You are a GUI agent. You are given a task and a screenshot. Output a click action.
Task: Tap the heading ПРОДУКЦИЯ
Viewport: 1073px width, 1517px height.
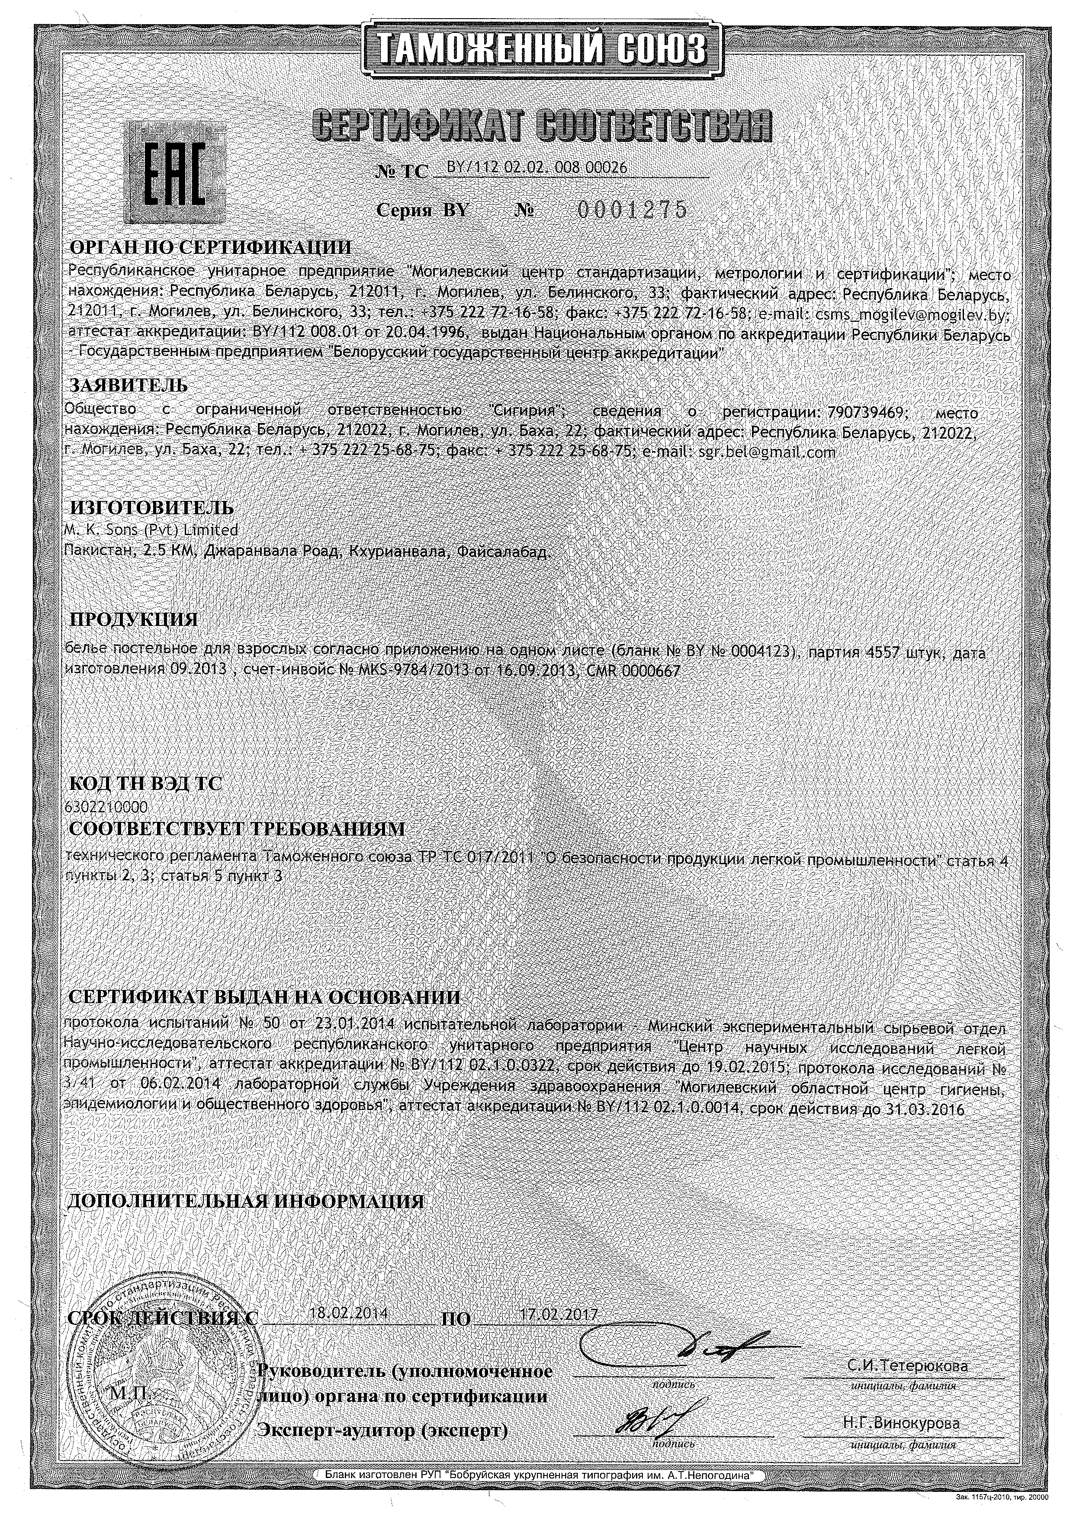(133, 619)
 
